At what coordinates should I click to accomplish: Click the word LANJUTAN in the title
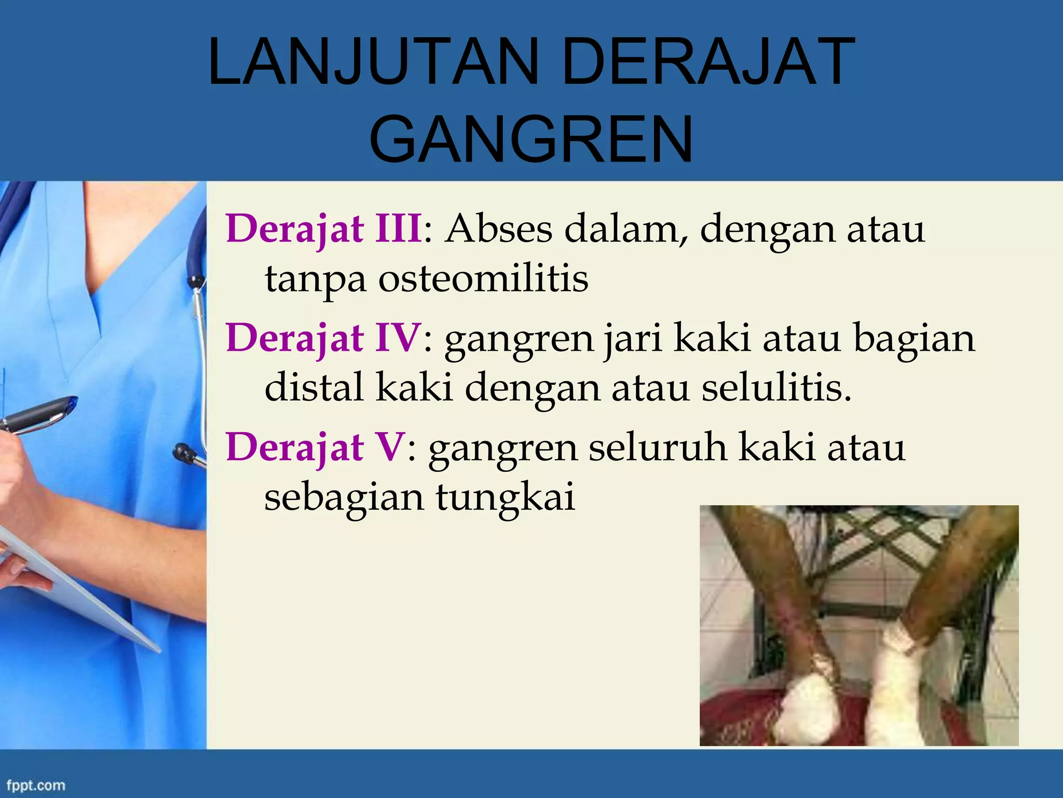point(373,62)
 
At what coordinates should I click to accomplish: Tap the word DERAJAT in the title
point(708,62)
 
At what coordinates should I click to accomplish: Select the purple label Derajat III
point(324,229)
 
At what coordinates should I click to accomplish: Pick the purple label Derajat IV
point(323,338)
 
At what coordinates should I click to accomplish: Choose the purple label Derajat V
point(315,447)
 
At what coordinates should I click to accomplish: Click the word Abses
point(499,229)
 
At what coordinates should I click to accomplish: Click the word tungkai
point(505,497)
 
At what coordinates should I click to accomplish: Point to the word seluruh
point(657,447)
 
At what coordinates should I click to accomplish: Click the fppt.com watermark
point(36,785)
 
